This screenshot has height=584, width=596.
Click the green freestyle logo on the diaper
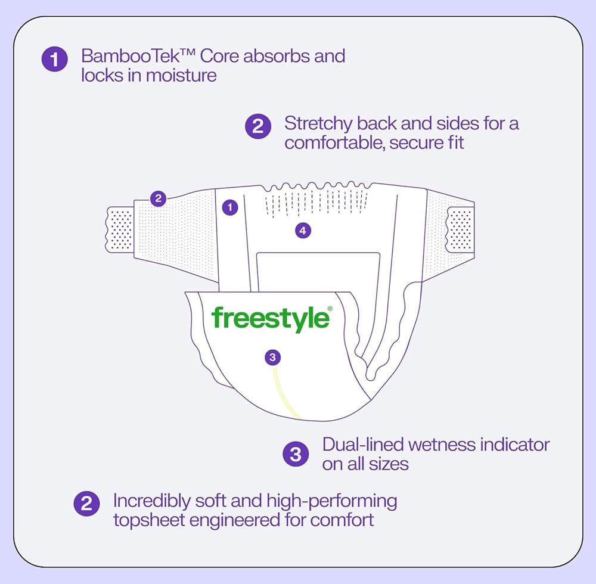tap(271, 318)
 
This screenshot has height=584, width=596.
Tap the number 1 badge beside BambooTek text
tap(55, 59)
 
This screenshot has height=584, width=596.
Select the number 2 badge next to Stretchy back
tap(258, 126)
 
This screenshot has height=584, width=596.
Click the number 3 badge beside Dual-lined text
tap(296, 454)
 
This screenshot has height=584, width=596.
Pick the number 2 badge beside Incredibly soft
tap(86, 504)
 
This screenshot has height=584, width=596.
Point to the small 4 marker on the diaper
tap(303, 230)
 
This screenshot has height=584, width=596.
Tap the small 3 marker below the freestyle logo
tap(272, 357)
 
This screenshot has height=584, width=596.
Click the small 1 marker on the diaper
tap(230, 207)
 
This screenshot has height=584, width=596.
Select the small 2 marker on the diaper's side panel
tap(158, 198)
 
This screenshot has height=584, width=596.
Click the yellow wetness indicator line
tap(284, 394)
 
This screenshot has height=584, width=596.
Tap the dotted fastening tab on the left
tap(120, 229)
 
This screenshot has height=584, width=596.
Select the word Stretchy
tap(318, 124)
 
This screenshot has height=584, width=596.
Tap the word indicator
tap(515, 445)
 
